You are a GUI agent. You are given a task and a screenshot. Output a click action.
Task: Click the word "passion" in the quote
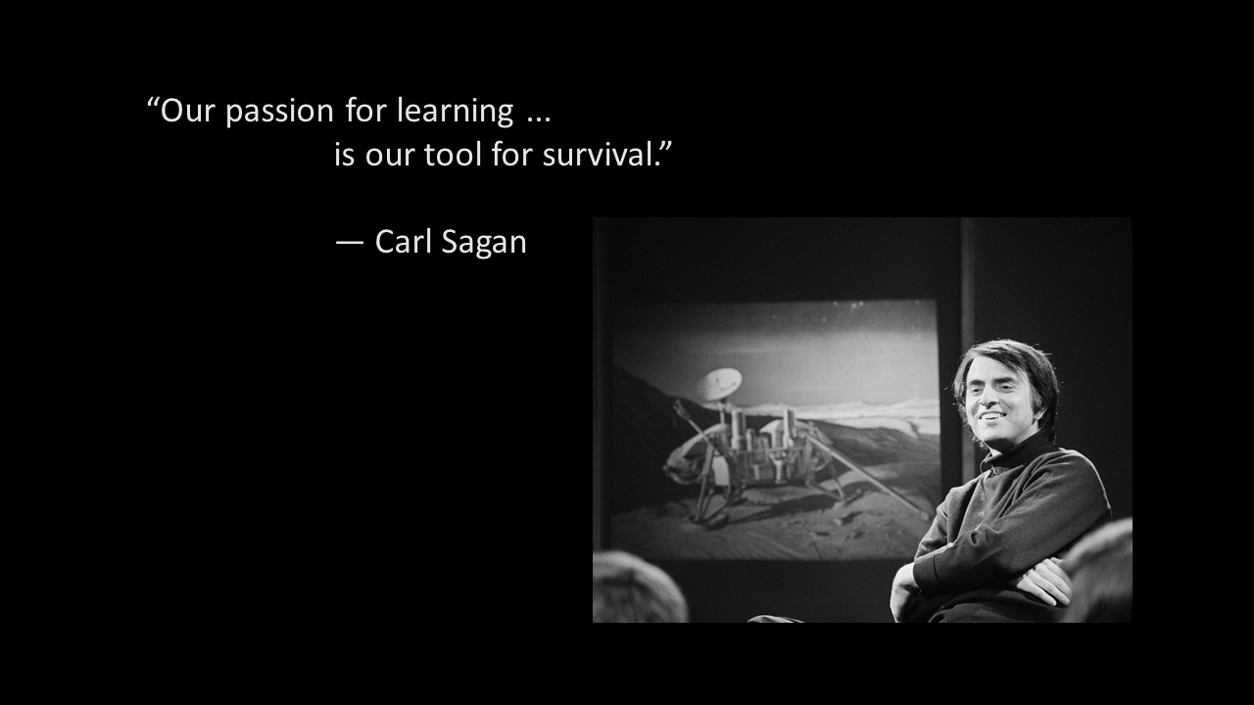point(280,112)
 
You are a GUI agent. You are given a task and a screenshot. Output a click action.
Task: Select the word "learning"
point(456,111)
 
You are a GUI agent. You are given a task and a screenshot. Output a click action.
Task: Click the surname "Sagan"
point(484,244)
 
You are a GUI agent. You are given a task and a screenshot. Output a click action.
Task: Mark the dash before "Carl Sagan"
point(350,244)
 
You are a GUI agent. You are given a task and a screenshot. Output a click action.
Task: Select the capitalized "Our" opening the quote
point(187,111)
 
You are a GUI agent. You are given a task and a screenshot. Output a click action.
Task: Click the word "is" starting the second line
point(344,155)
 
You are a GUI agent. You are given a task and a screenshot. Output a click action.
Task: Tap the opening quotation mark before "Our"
point(152,103)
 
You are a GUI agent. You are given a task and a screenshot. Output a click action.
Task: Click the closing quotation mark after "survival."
point(665,147)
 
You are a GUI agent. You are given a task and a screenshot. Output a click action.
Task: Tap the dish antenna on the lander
point(721,384)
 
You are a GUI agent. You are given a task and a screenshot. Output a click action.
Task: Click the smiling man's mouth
point(992,416)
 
